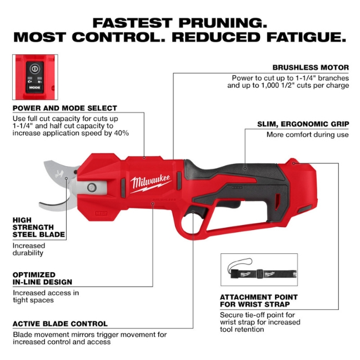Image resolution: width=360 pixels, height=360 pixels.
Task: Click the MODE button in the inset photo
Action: [34, 87]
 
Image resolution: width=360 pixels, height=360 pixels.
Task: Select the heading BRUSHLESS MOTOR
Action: [311, 67]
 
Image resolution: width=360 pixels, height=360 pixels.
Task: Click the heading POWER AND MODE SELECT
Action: [65, 108]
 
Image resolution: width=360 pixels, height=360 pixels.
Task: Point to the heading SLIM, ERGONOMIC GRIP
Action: [303, 124]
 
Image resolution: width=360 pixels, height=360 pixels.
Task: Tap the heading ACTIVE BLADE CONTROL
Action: [60, 323]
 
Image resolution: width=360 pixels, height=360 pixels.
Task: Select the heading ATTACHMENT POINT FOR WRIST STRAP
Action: [258, 301]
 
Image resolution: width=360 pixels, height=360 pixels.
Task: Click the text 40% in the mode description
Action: [122, 133]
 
